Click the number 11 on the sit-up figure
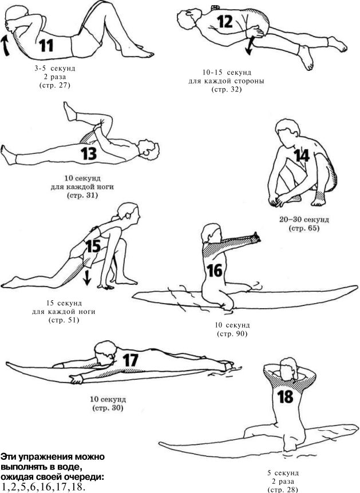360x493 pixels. (x=46, y=46)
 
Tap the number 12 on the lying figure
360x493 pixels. (x=225, y=21)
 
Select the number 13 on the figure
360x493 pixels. (x=89, y=153)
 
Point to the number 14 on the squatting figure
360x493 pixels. (x=302, y=156)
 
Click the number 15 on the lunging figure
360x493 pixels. (x=93, y=246)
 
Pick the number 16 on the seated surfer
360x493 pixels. (x=215, y=271)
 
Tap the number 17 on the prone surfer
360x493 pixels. (x=130, y=360)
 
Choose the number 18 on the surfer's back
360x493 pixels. (x=285, y=397)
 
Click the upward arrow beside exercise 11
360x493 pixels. (x=5, y=46)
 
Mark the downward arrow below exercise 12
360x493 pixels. (x=250, y=46)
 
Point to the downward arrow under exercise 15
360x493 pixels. (x=88, y=277)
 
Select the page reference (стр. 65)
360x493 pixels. (x=304, y=228)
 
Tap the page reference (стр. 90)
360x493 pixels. (x=232, y=333)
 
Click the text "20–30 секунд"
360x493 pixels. (x=304, y=219)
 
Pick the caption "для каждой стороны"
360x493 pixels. (x=226, y=81)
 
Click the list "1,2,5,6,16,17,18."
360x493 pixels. (x=43, y=486)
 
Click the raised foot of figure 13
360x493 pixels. (x=70, y=112)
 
